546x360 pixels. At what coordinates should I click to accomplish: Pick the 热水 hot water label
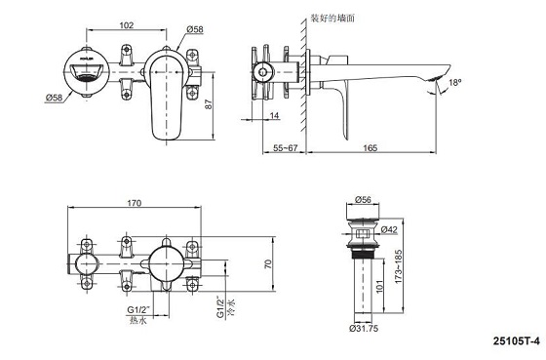click(x=139, y=321)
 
